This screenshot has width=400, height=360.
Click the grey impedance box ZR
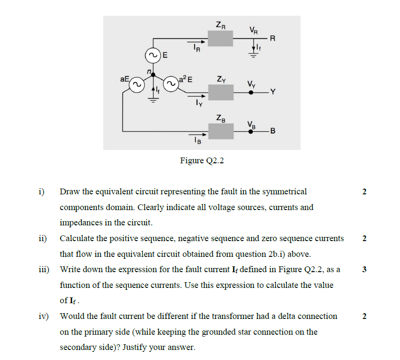[x=220, y=38]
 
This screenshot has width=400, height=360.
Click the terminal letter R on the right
[x=273, y=39]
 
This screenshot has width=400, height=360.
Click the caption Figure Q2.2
[x=202, y=160]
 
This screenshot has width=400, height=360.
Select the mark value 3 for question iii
[x=364, y=269]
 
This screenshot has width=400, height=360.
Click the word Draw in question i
[x=69, y=192]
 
